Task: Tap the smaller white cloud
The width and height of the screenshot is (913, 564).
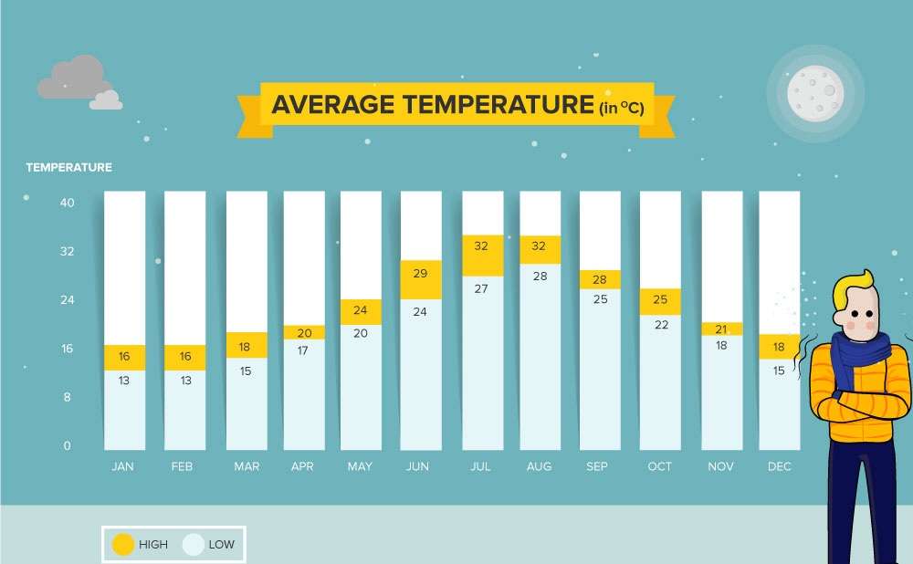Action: [106, 100]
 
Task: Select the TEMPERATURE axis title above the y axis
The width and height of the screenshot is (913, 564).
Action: [68, 168]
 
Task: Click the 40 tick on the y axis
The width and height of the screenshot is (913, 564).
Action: [67, 203]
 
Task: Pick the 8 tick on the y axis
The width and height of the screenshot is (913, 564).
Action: [67, 397]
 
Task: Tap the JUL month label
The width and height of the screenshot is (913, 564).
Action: [480, 466]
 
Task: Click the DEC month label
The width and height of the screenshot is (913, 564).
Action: [779, 466]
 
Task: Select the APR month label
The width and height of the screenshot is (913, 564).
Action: [302, 466]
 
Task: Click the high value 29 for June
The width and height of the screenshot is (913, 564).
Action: [420, 274]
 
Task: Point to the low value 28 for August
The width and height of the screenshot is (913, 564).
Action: [540, 276]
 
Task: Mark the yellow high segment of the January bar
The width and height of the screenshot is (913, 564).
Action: [124, 357]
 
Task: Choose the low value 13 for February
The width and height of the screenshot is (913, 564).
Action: [185, 381]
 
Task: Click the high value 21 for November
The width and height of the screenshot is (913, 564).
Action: [721, 329]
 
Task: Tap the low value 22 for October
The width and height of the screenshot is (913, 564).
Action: [659, 325]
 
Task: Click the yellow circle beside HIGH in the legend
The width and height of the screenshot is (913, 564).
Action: [122, 545]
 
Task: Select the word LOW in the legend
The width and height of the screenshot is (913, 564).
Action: [221, 545]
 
